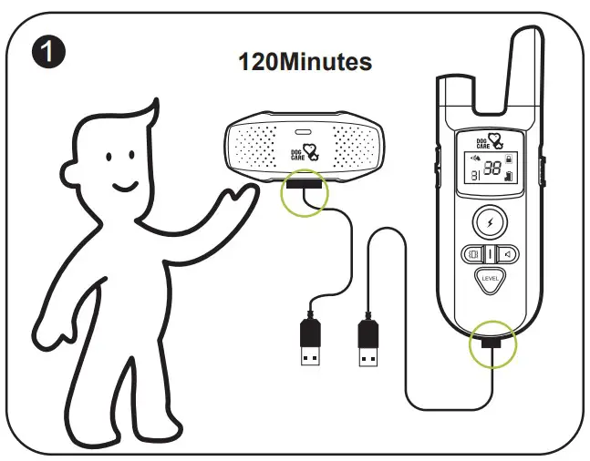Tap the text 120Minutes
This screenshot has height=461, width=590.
click(x=305, y=62)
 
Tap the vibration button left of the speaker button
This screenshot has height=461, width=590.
click(x=473, y=254)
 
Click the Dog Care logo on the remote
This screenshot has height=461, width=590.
click(x=491, y=140)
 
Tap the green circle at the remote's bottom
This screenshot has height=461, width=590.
click(x=492, y=345)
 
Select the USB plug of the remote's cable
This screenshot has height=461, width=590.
click(x=367, y=343)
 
